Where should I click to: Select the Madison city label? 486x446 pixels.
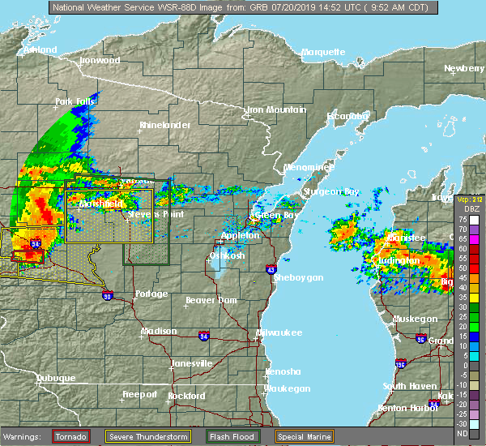(x=159, y=331)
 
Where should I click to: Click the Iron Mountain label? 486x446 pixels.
(x=277, y=109)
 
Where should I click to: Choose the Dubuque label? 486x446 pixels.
(x=56, y=379)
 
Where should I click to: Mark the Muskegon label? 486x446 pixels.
(x=415, y=319)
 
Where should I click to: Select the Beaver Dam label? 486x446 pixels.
(x=211, y=300)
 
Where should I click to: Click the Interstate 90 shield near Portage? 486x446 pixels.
(x=109, y=297)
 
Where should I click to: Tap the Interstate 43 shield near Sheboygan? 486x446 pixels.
(x=271, y=269)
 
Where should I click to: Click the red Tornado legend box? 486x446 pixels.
(x=70, y=436)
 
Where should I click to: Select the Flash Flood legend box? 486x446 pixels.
(x=233, y=436)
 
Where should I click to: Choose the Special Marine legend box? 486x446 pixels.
(x=305, y=436)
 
